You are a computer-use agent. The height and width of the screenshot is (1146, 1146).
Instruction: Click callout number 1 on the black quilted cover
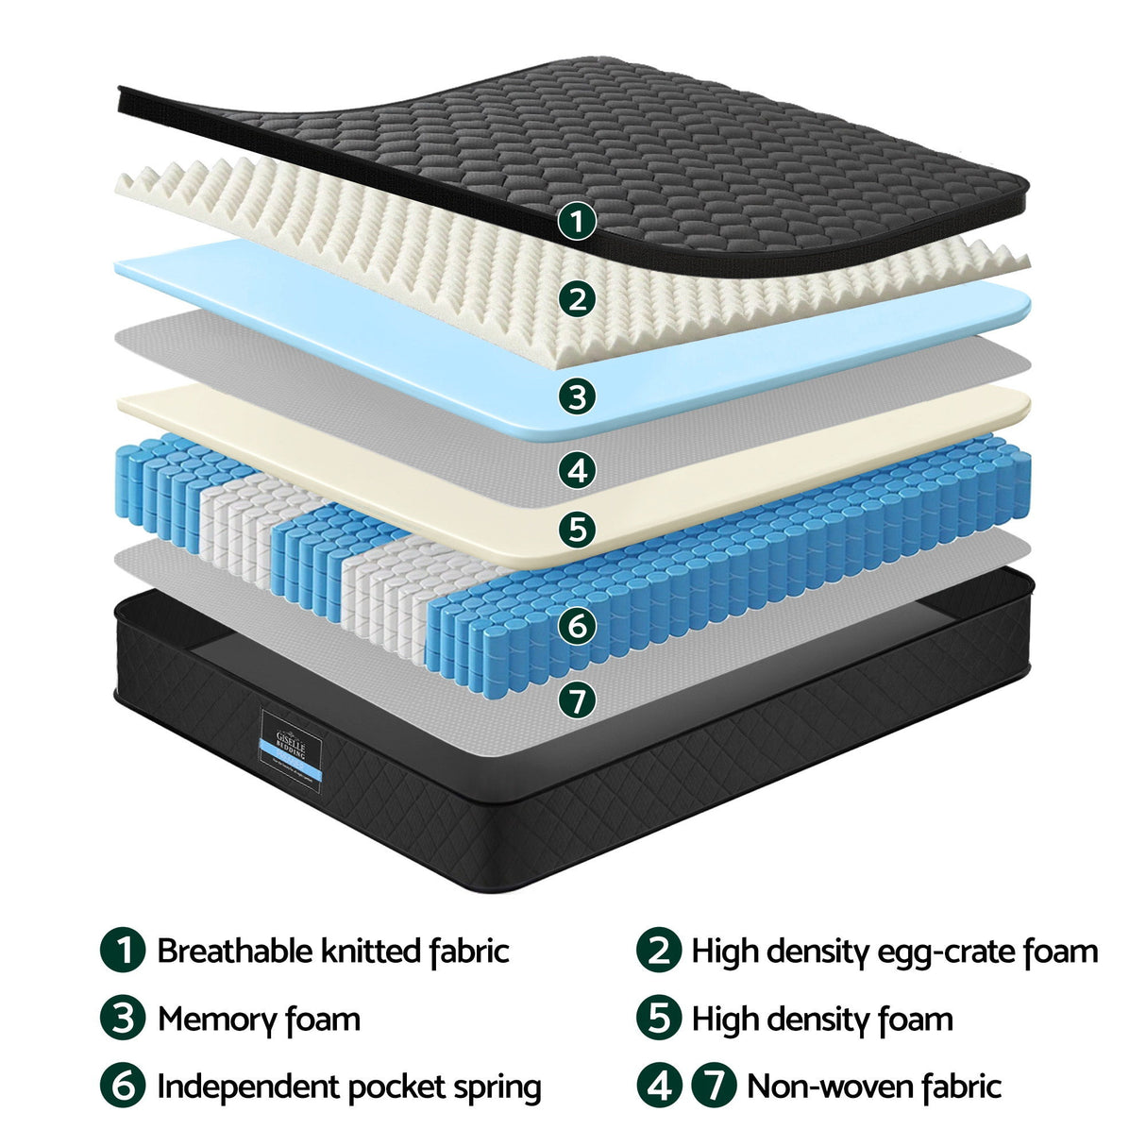(577, 222)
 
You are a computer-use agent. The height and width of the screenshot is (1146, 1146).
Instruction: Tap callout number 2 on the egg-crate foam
(577, 299)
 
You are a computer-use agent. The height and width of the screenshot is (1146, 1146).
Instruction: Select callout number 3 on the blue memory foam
(577, 396)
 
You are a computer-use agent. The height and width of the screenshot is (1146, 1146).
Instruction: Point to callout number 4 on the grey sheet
(577, 469)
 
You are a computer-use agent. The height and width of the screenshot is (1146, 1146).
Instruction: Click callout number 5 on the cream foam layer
(577, 529)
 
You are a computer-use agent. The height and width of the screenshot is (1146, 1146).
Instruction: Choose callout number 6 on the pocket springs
(577, 625)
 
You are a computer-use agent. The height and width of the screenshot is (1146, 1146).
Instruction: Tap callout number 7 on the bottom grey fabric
(577, 699)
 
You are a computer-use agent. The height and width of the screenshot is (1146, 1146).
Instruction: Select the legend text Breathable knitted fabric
(332, 951)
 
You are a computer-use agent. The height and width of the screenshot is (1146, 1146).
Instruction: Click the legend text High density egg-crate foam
(894, 951)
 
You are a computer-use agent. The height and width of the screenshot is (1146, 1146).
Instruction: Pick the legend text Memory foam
(259, 1020)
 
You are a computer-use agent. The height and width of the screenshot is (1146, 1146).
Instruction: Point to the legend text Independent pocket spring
(348, 1087)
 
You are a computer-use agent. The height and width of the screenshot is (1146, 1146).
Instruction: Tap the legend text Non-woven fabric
(873, 1087)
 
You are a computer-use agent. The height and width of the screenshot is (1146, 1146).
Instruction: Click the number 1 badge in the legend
(123, 950)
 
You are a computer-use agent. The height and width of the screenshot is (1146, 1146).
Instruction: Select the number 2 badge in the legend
(658, 950)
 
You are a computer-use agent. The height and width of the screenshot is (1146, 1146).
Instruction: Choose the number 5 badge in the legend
(658, 1019)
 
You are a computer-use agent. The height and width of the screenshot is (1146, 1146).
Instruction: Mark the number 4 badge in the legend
(658, 1086)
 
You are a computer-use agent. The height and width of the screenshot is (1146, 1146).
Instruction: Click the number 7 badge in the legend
(714, 1086)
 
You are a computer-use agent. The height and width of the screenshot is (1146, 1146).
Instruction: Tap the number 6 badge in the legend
(123, 1086)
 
